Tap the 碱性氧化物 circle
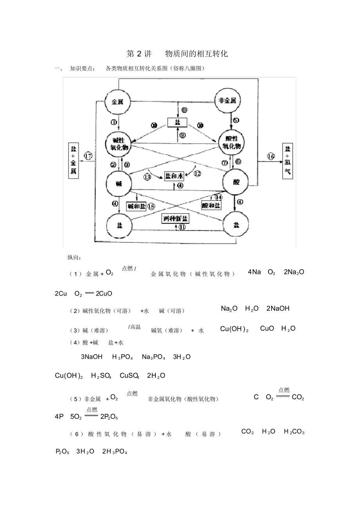[x=118, y=144]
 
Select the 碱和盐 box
[x=136, y=205]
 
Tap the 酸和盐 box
[x=212, y=205]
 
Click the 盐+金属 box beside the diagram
[x=74, y=160]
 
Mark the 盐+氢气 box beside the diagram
[x=288, y=160]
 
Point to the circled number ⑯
[x=271, y=157]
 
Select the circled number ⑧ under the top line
[x=184, y=111]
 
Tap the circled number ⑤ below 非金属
[x=236, y=120]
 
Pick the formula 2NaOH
[x=278, y=308]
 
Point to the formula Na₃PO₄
[x=153, y=357]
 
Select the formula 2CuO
[x=104, y=293]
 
